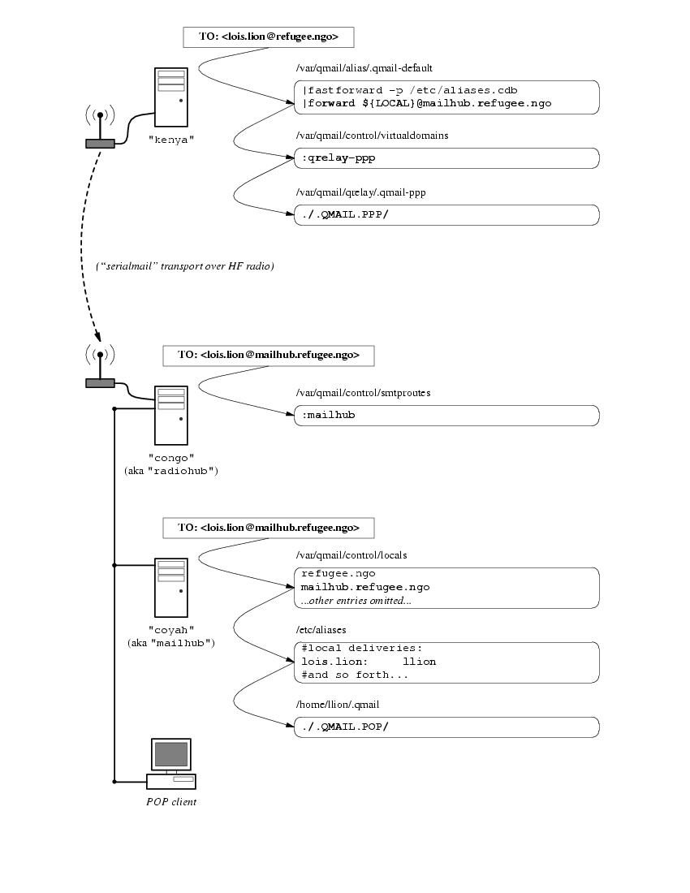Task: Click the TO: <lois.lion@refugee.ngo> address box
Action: click(268, 37)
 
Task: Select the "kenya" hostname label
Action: click(171, 140)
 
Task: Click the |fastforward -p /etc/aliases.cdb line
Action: click(410, 90)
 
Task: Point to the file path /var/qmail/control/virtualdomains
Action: click(373, 136)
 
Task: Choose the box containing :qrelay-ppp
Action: click(446, 158)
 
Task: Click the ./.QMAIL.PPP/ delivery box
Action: click(446, 215)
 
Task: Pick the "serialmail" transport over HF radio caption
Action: click(185, 266)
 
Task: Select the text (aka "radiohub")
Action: click(171, 471)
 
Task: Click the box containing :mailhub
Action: click(446, 416)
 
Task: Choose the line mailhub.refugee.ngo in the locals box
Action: click(364, 587)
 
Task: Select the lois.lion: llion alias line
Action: click(369, 662)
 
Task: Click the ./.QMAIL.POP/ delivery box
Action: click(446, 727)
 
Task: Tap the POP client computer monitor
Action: click(171, 755)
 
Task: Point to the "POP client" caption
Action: click(171, 802)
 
